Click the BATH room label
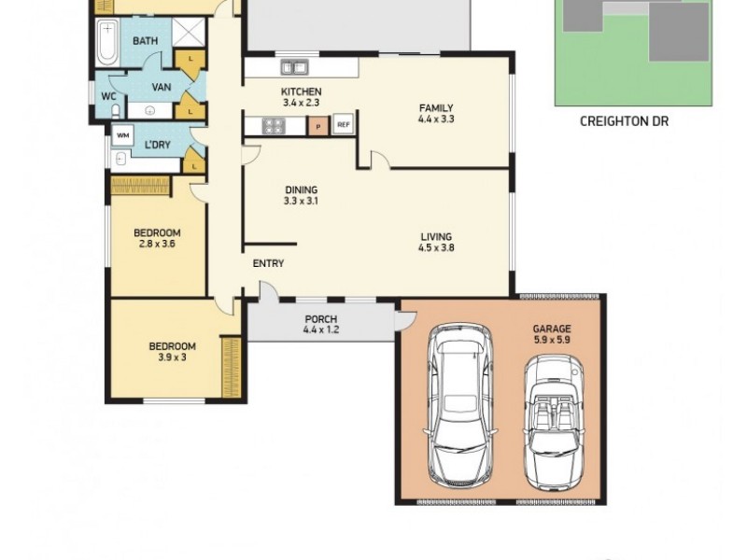coord(145,41)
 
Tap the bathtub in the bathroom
coord(107,43)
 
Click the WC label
coord(107,95)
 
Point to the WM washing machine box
coord(122,135)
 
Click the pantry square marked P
coord(318,125)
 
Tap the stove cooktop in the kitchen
coord(274,125)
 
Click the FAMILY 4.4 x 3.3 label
coord(436,114)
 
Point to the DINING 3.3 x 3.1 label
coord(302,195)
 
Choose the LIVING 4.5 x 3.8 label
coord(436,242)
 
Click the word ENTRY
coord(268,264)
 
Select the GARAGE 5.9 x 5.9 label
coord(551,334)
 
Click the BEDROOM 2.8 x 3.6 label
coord(156,238)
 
